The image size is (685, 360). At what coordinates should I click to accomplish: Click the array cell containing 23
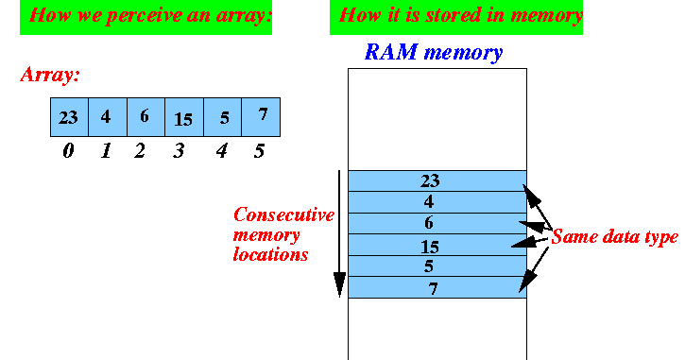point(69,117)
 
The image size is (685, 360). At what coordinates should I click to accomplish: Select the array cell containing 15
point(183,117)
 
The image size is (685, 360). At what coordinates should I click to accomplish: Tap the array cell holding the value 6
point(146,117)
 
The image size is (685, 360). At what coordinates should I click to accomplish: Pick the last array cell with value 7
point(261,117)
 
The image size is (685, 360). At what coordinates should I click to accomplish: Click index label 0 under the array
point(68,150)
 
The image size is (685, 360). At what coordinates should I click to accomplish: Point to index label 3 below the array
point(180,150)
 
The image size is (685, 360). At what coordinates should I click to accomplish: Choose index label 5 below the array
point(260,150)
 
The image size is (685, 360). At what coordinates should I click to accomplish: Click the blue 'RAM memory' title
point(433,53)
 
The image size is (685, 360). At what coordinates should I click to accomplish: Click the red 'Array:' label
point(51,74)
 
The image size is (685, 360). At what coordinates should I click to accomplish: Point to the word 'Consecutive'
point(283,214)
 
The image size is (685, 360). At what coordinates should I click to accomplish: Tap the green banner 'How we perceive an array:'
point(146,16)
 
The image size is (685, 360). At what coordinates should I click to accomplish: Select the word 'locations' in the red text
point(270,255)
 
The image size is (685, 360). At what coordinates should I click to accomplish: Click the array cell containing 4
point(107,117)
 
